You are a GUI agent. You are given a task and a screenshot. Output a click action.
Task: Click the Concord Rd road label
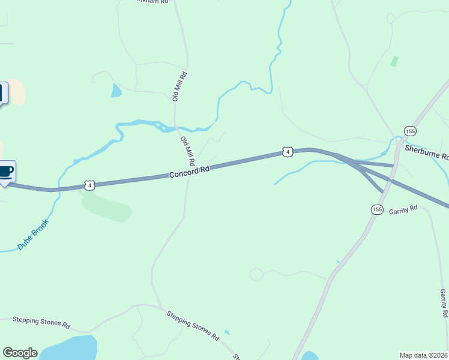[189, 172]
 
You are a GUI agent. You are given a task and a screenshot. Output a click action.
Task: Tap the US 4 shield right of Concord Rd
[288, 152]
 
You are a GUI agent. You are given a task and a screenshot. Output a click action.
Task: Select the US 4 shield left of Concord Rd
[89, 185]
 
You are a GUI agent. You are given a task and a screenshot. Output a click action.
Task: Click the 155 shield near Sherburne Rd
[410, 131]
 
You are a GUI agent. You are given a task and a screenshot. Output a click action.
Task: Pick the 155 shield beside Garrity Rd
[376, 209]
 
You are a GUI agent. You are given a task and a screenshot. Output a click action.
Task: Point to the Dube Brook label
[33, 235]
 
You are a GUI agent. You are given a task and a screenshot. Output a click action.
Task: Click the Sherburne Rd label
[427, 152]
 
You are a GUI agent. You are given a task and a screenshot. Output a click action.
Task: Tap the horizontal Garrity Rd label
[403, 211]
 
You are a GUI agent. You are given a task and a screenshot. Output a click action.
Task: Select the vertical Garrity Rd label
[443, 303]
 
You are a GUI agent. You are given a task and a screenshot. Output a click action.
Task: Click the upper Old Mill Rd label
[181, 86]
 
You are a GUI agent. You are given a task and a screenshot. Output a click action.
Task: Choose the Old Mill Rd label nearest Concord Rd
[188, 151]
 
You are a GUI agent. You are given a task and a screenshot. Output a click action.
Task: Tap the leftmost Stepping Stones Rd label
[41, 323]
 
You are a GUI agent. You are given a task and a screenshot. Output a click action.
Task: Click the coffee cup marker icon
[6, 172]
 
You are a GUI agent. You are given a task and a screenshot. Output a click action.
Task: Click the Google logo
[20, 353]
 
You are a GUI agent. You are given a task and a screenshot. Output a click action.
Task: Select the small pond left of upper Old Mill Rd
[115, 91]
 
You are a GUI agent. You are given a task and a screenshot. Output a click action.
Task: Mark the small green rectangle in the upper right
[394, 61]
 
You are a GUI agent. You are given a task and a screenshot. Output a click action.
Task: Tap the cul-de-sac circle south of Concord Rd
[256, 275]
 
